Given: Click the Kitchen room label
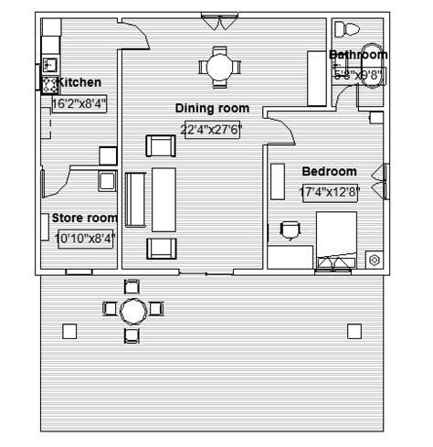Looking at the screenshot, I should (x=79, y=83).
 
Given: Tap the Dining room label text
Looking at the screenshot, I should (x=212, y=109).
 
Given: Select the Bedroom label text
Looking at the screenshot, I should (x=329, y=171).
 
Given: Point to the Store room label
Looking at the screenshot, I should (x=84, y=218).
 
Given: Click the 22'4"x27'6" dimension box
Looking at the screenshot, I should (x=211, y=129).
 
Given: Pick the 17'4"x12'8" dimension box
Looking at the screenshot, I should (x=329, y=193).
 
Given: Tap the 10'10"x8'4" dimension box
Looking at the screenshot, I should (x=85, y=239).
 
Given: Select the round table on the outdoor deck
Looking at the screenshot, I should (x=133, y=311).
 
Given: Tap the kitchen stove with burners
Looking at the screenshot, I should (x=48, y=85).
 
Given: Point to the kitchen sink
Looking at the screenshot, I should (x=48, y=64).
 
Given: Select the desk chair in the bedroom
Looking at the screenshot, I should (x=290, y=229).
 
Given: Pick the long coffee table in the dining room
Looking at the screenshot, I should (x=164, y=199).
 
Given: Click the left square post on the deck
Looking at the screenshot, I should (x=69, y=331).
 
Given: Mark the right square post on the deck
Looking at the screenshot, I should (x=352, y=331).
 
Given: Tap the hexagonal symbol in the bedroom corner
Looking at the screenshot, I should (x=374, y=260).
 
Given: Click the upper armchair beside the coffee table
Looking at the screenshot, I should (x=161, y=145).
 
